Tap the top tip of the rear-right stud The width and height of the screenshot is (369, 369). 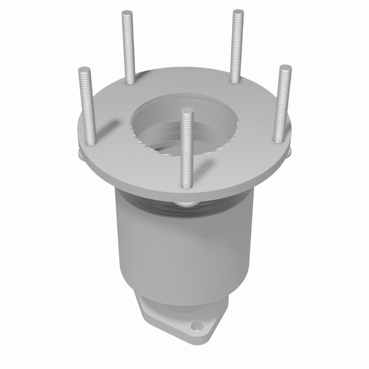pyautogui.click(x=238, y=12)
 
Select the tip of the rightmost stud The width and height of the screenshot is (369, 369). pyautogui.click(x=285, y=68)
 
